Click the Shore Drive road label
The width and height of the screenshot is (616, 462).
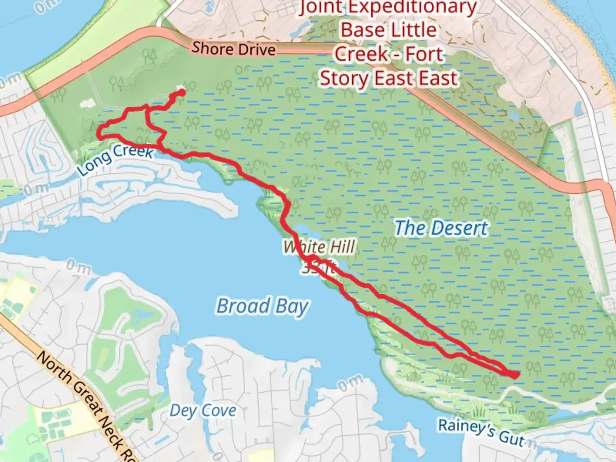tap(233, 48)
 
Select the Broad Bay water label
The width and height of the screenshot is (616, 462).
tap(262, 306)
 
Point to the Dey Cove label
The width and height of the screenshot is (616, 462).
tap(203, 411)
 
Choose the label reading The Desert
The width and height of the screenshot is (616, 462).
tap(441, 228)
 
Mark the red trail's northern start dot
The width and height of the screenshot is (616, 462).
tap(181, 92)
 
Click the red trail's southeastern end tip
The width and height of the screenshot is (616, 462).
tap(516, 375)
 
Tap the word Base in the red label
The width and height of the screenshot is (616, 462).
tap(362, 30)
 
